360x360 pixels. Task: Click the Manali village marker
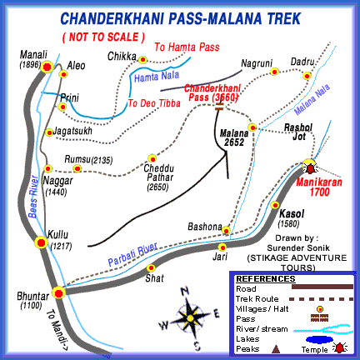(x=48, y=67)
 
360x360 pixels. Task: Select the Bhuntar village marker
(x=58, y=292)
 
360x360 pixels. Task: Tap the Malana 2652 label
(x=233, y=137)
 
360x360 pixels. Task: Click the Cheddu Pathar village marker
(x=152, y=157)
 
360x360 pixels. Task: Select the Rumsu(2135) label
(x=89, y=160)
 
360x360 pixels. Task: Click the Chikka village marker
(x=142, y=60)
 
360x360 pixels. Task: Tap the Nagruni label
(x=256, y=62)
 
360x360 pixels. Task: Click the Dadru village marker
(x=307, y=76)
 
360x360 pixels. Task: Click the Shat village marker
(x=151, y=267)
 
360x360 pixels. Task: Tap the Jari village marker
(x=222, y=247)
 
